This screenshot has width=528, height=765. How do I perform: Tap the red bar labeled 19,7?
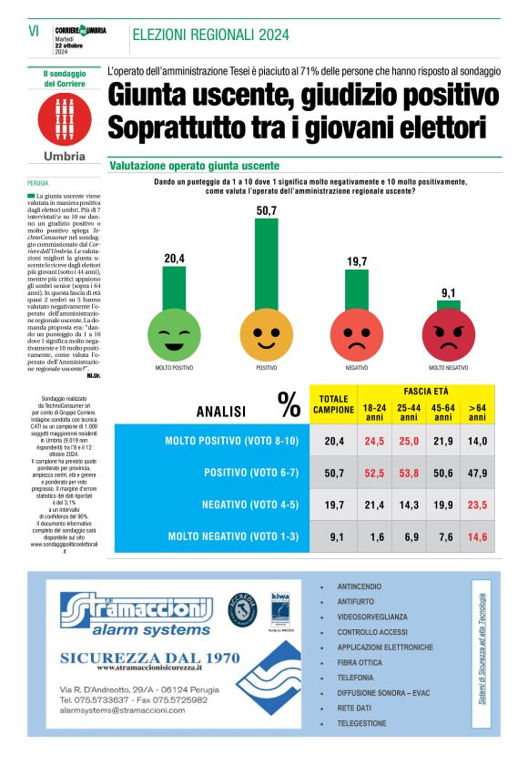click(357, 291)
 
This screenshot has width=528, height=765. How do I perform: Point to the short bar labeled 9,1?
click(448, 306)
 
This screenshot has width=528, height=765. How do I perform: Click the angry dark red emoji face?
click(448, 335)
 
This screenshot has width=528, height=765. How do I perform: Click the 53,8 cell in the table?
click(409, 473)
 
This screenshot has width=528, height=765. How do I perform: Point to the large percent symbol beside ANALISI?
click(289, 404)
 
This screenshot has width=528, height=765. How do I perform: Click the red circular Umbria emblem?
click(65, 117)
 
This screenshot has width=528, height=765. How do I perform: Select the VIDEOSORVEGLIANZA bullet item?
click(372, 617)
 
